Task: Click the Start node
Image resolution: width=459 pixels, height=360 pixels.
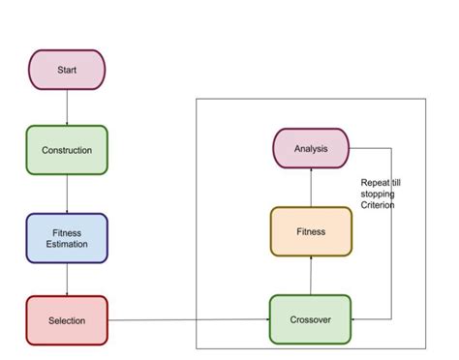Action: point(67,70)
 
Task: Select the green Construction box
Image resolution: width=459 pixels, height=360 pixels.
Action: point(67,150)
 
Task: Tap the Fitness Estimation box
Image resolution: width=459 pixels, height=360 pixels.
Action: point(67,238)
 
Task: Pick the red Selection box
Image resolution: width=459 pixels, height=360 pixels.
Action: point(67,320)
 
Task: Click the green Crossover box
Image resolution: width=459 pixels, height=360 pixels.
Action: point(310,320)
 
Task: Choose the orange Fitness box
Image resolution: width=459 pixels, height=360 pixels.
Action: point(310,231)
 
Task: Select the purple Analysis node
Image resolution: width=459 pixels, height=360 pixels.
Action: point(310,148)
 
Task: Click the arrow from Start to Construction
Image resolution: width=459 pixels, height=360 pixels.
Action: point(67,107)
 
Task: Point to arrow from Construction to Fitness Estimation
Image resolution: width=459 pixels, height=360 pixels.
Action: point(67,194)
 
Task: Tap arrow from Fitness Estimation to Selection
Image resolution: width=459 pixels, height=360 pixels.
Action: point(67,280)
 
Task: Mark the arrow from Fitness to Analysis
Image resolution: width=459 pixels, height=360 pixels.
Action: point(310,187)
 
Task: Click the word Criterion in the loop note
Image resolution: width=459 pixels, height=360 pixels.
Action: point(378,205)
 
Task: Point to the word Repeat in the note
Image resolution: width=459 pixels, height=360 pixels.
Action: point(373,182)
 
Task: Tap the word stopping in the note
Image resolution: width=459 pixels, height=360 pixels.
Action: point(377,194)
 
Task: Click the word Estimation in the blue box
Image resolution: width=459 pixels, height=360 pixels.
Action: point(67,244)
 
